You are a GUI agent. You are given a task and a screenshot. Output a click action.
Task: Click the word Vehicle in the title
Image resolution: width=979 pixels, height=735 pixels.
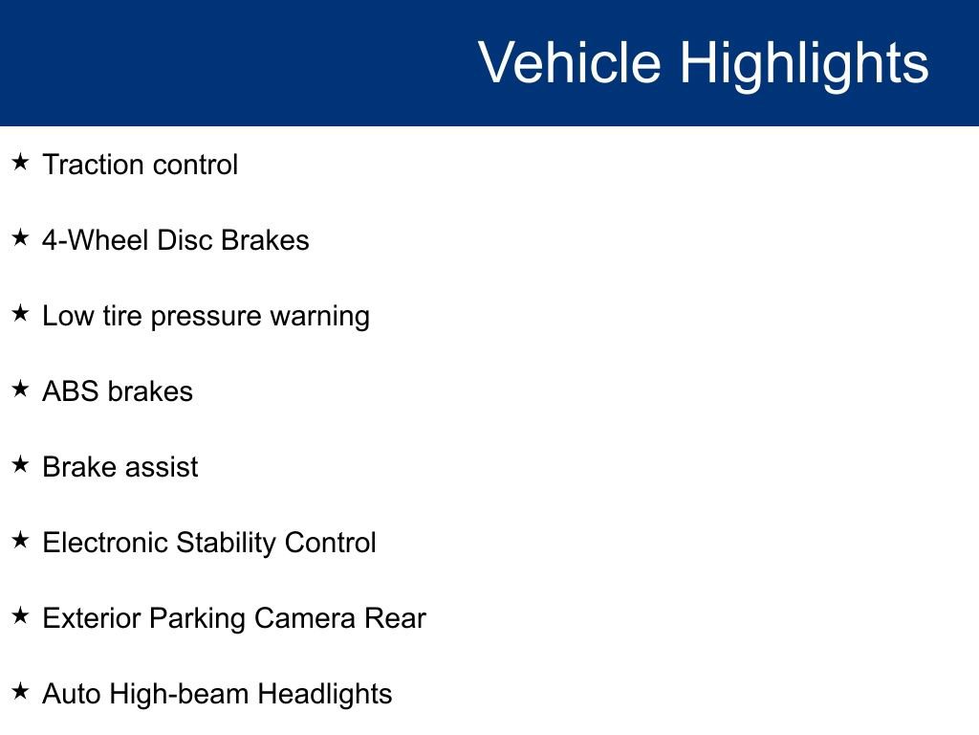click(x=570, y=62)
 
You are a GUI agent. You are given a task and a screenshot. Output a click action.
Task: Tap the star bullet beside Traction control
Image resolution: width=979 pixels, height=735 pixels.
click(x=21, y=162)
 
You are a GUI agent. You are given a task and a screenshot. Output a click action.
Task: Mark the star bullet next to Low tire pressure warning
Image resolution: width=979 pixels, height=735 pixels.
click(x=21, y=313)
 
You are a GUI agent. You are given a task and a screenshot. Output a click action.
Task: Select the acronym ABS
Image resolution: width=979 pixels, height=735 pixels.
click(x=71, y=391)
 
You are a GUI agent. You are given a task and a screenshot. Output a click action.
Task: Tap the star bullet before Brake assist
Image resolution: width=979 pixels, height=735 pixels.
click(x=21, y=464)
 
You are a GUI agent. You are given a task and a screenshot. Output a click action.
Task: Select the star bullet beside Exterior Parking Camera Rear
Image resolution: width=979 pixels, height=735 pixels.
click(x=21, y=615)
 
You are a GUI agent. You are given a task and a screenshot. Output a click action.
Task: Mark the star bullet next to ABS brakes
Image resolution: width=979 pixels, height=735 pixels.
click(x=21, y=389)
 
